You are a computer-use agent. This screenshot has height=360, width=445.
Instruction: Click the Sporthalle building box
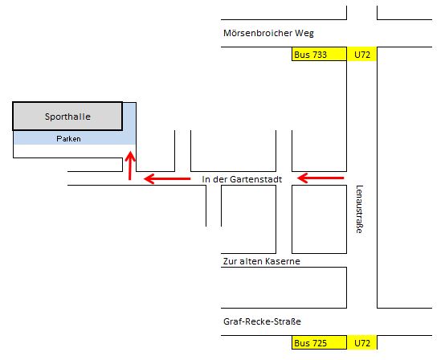tap(67, 117)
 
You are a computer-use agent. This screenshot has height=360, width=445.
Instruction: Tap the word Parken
tap(68, 138)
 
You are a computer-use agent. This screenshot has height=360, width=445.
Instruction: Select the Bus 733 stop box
tap(319, 54)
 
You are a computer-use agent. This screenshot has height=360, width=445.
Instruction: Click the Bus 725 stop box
tap(319, 342)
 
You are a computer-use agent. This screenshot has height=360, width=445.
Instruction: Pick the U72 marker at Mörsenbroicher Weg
tap(362, 54)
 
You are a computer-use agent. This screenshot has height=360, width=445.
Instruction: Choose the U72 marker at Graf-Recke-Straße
tap(362, 342)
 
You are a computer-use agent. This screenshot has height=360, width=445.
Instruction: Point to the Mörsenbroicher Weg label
tap(268, 33)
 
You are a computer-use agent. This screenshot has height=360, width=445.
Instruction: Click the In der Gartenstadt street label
tap(242, 179)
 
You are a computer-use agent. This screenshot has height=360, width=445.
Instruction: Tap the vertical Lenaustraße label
tap(359, 209)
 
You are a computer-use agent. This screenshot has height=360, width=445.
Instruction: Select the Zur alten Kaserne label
tap(261, 261)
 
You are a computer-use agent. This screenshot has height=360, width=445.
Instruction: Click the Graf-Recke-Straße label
tap(262, 321)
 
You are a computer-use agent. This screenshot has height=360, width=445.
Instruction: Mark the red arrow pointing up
tap(130, 166)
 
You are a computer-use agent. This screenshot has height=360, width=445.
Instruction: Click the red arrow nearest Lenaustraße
tap(320, 178)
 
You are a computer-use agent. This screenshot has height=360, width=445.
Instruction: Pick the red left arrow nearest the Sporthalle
tap(167, 178)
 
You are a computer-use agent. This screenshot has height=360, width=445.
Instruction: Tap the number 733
tap(319, 55)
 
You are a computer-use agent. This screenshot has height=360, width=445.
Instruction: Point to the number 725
tap(319, 343)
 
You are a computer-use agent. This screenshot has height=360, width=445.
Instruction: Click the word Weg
tap(304, 34)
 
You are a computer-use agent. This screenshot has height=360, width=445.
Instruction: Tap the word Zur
tap(230, 261)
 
